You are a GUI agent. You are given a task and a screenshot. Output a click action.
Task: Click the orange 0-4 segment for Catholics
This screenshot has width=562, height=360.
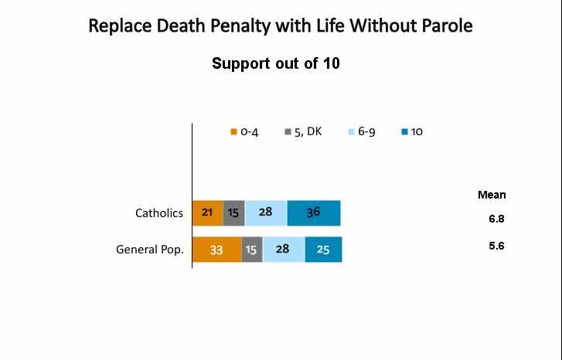207,212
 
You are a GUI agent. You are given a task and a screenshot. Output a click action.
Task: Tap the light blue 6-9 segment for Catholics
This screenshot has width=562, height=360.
265,212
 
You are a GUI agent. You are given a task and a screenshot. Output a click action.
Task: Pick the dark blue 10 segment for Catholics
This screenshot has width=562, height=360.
313,212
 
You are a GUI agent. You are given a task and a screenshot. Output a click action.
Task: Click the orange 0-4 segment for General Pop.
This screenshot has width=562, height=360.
216,250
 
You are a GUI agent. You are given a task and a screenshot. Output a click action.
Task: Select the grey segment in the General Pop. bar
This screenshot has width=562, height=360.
252,250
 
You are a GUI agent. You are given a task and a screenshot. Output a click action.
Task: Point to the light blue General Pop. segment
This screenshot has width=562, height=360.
283,250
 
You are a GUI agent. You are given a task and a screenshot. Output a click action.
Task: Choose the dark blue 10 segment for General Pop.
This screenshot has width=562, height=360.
323,250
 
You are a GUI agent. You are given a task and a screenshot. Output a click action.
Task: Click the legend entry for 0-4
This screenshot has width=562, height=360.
244,132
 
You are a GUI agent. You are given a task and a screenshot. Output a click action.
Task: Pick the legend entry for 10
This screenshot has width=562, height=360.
412,132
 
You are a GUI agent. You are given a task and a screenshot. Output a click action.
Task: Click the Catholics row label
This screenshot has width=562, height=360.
159,213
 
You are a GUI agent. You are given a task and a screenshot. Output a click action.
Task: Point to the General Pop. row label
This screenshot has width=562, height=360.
150,250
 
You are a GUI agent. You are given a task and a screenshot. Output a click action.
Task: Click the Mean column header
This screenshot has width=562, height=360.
492,195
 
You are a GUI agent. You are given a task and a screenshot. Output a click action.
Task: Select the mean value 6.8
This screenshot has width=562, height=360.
496,219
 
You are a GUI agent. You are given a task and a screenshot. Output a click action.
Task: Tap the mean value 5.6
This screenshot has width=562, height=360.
496,246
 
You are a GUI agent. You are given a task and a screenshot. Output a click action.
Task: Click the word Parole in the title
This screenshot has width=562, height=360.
444,26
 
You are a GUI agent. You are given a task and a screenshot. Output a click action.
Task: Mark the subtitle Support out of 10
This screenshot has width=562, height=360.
276,64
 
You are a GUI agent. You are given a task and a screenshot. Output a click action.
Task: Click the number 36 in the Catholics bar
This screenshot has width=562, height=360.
313,212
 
